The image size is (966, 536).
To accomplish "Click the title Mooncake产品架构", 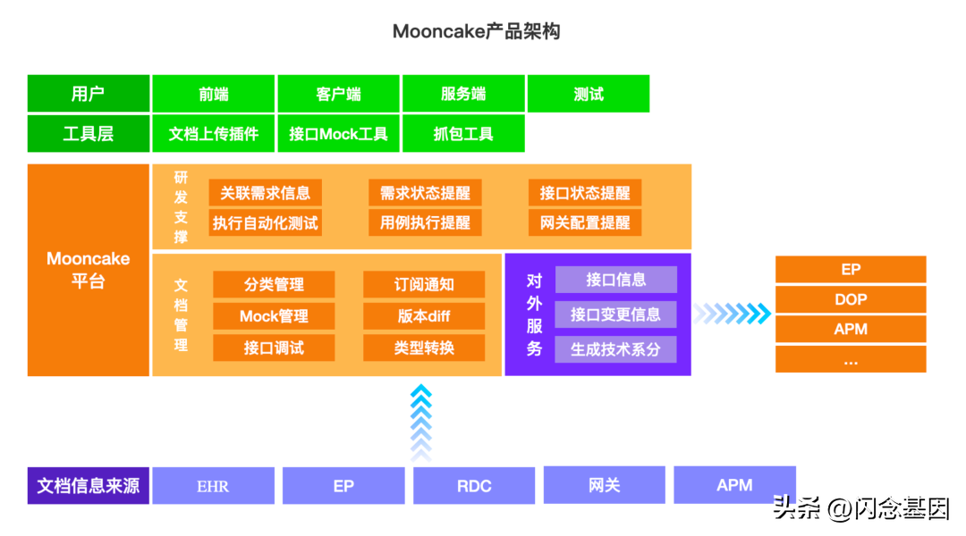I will tap(476, 32).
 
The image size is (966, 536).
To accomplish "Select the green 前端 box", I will tap(213, 94).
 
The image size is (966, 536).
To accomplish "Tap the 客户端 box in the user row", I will tap(338, 94).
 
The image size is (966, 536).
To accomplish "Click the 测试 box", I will tap(588, 94).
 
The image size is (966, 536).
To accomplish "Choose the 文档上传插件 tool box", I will tap(213, 134).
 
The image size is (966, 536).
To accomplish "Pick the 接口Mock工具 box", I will tap(338, 134).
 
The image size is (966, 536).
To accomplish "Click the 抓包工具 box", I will tap(462, 134).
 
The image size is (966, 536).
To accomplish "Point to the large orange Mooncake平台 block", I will tap(88, 270).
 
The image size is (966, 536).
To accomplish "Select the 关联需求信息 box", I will tap(265, 193).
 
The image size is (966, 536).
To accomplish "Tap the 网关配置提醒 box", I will tap(584, 222).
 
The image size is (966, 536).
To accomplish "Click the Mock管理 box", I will tap(274, 316).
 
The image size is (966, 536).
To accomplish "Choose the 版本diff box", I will tap(424, 316).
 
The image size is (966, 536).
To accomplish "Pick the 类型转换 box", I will tap(424, 348).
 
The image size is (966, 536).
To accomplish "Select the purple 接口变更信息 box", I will tap(615, 314).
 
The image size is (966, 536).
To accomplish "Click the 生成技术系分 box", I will tap(615, 348).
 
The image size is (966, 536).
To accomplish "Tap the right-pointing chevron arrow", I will tap(732, 313).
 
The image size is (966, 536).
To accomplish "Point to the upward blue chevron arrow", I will tap(420, 422).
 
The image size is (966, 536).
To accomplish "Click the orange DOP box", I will tap(850, 299).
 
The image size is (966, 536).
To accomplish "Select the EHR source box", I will tap(213, 486).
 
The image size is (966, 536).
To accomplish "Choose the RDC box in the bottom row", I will tap(473, 486).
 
